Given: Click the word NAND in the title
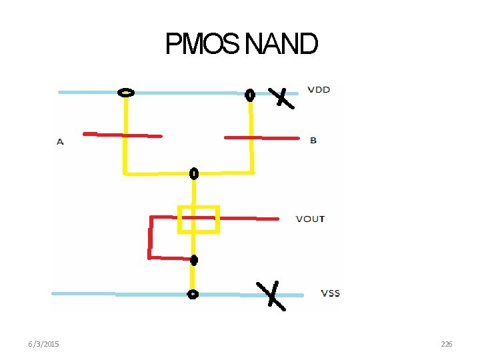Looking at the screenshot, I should (x=281, y=45).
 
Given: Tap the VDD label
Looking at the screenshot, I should (x=319, y=89).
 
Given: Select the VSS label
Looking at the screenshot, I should (x=330, y=293).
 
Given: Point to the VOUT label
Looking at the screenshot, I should (x=310, y=219).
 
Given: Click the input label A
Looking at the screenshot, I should (x=60, y=142).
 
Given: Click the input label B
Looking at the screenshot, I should (x=313, y=141).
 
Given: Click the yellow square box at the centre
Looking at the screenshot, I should (x=198, y=219).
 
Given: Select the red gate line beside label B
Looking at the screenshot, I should (x=261, y=138).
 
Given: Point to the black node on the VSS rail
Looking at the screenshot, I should (x=193, y=294).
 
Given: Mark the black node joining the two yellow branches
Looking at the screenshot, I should (x=194, y=174).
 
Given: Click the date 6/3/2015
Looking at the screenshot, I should (x=43, y=344).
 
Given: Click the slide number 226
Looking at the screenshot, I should (x=447, y=344).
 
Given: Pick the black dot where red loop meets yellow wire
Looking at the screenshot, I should (x=193, y=259).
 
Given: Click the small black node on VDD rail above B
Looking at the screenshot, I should (x=250, y=95).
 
